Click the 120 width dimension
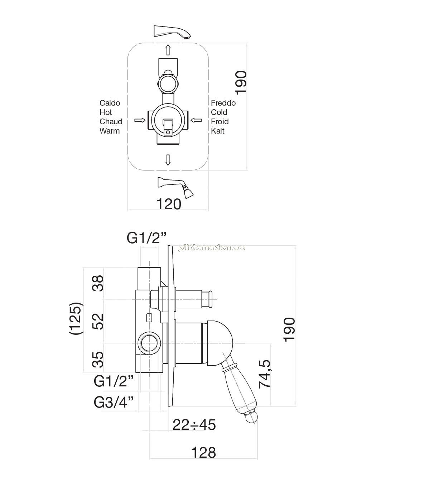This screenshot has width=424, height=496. pyautogui.click(x=169, y=204)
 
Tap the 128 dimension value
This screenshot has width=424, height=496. pyautogui.click(x=203, y=453)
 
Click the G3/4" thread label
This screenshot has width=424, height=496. pyautogui.click(x=114, y=403)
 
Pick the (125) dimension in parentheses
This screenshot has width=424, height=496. pyautogui.click(x=76, y=318)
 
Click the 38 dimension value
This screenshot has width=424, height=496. pyautogui.click(x=98, y=283)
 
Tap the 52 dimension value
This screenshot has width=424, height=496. pyautogui.click(x=98, y=321)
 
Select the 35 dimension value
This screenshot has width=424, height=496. pyautogui.click(x=98, y=360)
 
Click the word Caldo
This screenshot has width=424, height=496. pyautogui.click(x=110, y=103)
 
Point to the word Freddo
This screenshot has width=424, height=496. pyautogui.click(x=223, y=103)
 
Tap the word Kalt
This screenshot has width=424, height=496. pyautogui.click(x=218, y=131)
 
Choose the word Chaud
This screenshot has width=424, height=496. pyautogui.click(x=111, y=122)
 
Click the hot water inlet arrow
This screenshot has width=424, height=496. pyautogui.click(x=140, y=120)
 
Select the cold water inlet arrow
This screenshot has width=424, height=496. pyautogui.click(x=196, y=120)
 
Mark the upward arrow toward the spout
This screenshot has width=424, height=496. pyautogui.click(x=168, y=50)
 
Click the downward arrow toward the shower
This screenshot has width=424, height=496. pyautogui.click(x=168, y=160)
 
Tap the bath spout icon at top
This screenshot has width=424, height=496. pyautogui.click(x=172, y=32)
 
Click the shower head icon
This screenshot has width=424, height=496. pyautogui.click(x=175, y=188)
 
